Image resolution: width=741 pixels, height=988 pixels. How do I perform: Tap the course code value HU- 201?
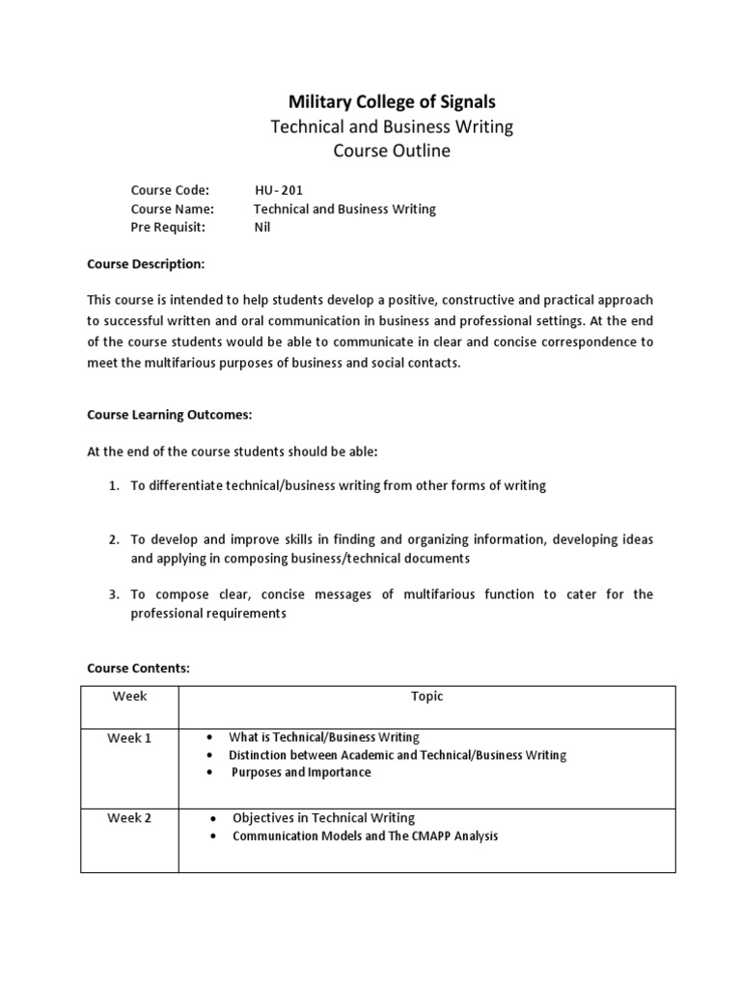coord(279,190)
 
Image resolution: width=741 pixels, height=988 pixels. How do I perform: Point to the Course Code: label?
coord(170,190)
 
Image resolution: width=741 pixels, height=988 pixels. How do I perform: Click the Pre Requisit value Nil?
coord(262,227)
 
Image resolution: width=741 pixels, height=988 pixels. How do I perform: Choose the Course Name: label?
coord(173,208)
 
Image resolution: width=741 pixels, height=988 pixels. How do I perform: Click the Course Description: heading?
coord(146,263)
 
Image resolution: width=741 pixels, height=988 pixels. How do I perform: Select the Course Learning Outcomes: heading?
coord(169,414)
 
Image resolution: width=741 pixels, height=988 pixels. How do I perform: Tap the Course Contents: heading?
coord(139,667)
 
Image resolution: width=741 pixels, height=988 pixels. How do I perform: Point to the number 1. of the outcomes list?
coord(113,485)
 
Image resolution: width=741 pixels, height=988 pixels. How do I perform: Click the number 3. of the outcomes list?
coord(113,594)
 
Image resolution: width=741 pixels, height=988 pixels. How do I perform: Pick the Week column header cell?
coord(129,696)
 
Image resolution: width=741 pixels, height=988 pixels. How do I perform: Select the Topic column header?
coord(426,696)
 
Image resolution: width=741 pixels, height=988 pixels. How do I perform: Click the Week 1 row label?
coord(129,738)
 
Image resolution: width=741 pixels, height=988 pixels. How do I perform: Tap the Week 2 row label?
coord(129,818)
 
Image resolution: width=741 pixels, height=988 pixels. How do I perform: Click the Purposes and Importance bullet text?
coord(301,772)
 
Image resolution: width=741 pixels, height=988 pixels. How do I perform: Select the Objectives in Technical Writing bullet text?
coord(323,817)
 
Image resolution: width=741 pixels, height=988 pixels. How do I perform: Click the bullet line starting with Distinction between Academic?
coord(398,755)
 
